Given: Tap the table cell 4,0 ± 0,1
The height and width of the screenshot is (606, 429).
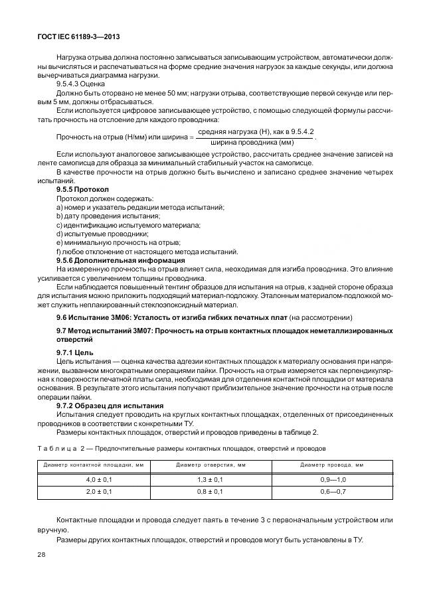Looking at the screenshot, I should (x=99, y=479).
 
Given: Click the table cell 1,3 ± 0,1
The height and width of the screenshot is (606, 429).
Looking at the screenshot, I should (x=210, y=479).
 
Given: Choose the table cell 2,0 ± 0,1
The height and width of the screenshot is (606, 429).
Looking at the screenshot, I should (x=99, y=492).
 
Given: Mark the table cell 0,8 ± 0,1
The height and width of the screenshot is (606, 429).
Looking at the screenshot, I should (x=210, y=492).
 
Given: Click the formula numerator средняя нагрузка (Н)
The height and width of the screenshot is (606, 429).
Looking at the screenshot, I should (x=236, y=132).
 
